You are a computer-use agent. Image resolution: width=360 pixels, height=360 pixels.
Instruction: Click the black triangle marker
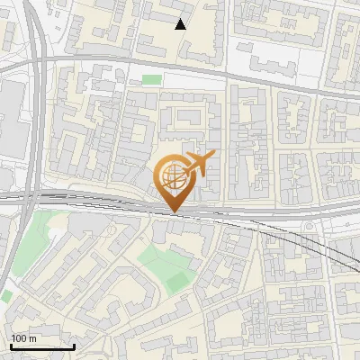181,24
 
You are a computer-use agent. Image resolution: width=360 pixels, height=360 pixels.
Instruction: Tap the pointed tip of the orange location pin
173,211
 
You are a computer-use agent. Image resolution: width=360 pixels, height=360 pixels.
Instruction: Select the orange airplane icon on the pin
197,165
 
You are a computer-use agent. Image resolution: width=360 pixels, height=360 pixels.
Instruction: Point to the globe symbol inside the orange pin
172,177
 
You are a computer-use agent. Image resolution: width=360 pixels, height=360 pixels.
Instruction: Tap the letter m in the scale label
32,338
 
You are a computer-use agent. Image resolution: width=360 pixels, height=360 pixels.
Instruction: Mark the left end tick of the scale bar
10,346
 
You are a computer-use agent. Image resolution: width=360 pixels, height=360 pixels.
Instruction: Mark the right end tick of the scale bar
75,346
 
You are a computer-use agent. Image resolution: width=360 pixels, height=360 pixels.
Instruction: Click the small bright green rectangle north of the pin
152,80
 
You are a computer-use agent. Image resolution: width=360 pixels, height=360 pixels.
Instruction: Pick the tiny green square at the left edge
5,295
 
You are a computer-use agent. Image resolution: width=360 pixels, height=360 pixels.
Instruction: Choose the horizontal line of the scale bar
42,347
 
